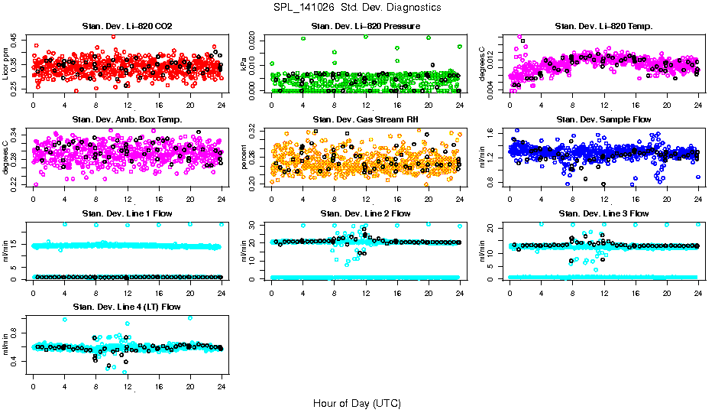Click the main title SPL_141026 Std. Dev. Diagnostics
(357, 8)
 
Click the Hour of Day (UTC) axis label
(357, 402)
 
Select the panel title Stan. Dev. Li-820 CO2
(127, 27)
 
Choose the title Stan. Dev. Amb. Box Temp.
(127, 119)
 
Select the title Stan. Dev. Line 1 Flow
(127, 213)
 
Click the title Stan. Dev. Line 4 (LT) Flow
(127, 307)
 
